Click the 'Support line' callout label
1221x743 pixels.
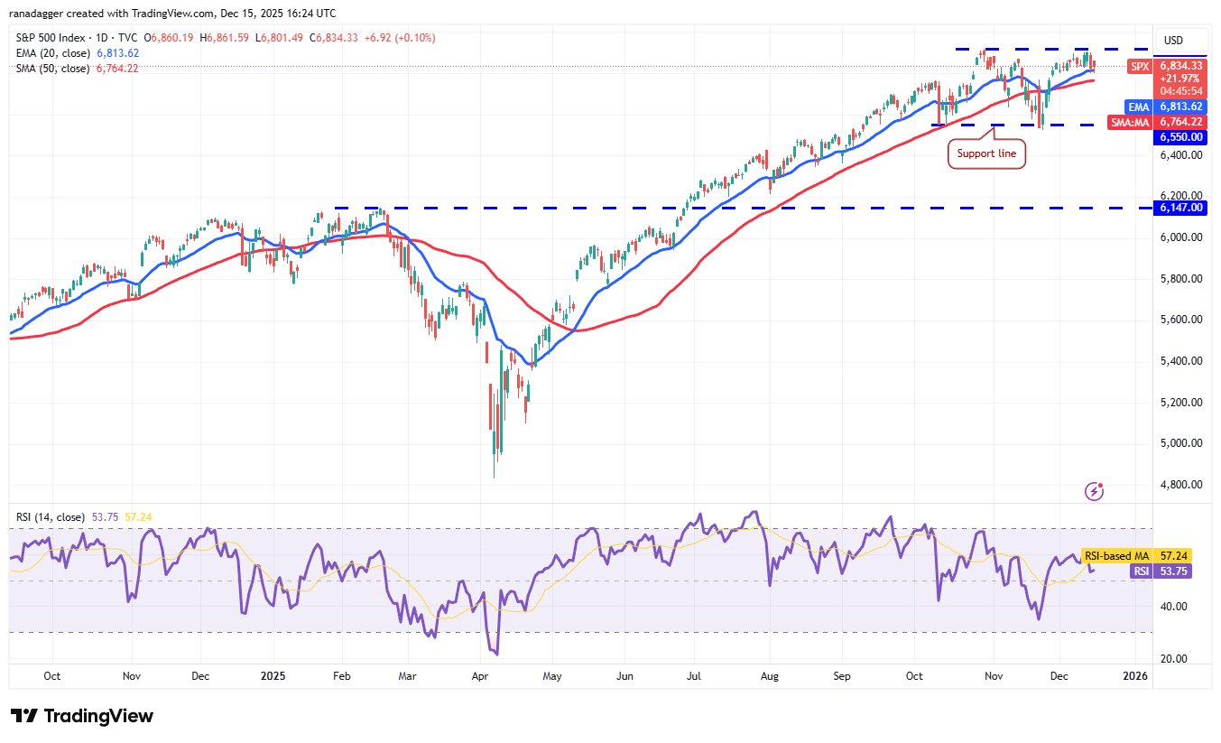(x=986, y=153)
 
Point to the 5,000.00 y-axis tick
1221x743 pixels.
(x=1179, y=443)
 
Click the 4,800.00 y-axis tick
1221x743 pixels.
(x=1179, y=485)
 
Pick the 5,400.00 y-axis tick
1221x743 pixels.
(x=1179, y=361)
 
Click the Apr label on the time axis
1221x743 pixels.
(x=480, y=675)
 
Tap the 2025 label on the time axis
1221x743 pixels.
(x=273, y=675)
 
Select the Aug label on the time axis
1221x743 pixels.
(x=769, y=675)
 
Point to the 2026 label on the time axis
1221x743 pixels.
(x=1134, y=675)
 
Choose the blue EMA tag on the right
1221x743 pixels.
(x=1143, y=107)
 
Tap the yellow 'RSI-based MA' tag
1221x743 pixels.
(x=1115, y=556)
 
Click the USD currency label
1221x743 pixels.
(x=1173, y=41)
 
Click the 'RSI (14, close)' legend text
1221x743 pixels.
(x=50, y=517)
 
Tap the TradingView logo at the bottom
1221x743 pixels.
(x=82, y=716)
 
